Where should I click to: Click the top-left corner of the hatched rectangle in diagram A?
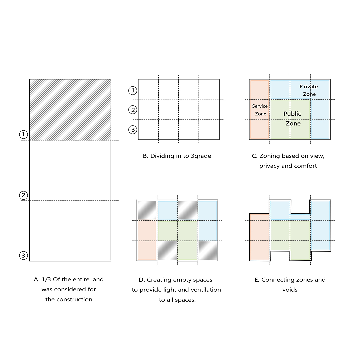click(30, 79)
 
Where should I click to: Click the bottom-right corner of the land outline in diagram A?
click(111, 261)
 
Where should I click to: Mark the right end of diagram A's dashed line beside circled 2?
click(119, 201)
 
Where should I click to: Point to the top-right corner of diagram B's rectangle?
click(219, 79)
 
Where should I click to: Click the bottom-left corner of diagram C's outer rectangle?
click(249, 140)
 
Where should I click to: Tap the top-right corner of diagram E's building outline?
click(331, 200)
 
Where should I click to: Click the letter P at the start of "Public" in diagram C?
click(285, 114)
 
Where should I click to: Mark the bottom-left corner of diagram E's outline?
click(250, 261)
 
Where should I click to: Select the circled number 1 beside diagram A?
click(23, 134)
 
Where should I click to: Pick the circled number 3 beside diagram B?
click(133, 130)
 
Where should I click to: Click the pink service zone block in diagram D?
click(147, 240)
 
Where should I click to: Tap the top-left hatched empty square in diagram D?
click(147, 210)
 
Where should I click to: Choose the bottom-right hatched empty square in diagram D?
click(208, 250)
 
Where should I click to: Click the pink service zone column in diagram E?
click(259, 237)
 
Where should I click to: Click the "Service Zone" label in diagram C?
click(260, 110)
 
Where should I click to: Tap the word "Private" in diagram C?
click(309, 87)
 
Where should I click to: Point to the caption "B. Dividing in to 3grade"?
click(177, 156)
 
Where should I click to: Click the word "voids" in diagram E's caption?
click(290, 290)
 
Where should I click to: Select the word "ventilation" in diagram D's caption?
click(207, 290)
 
